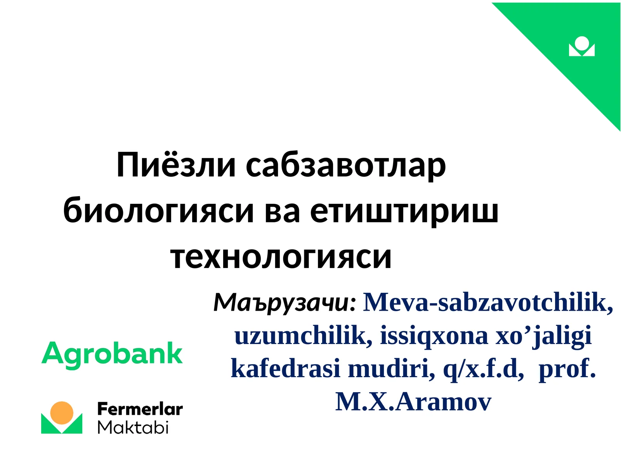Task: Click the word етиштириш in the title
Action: [x=404, y=211]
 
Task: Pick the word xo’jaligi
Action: [x=543, y=336]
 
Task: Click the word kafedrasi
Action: [x=285, y=369]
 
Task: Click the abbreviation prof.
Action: [x=567, y=369]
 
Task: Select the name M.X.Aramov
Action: [x=413, y=402]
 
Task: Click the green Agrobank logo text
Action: [x=112, y=354]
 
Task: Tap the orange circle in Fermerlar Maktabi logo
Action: [x=62, y=413]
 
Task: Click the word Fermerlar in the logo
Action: [x=140, y=409]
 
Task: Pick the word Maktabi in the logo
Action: [x=133, y=428]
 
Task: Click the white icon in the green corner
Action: [x=581, y=47]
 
